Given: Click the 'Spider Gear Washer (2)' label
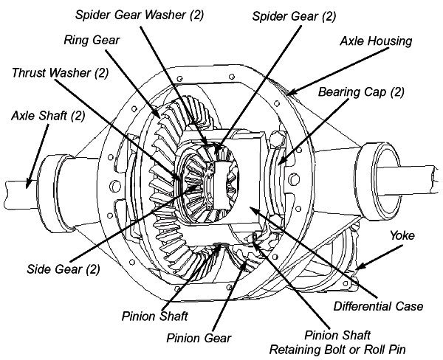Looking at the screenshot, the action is (140, 15).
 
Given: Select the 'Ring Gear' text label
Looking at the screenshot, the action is (92, 40).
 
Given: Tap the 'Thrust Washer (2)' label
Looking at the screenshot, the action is (61, 73).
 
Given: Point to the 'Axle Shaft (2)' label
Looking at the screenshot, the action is (48, 116).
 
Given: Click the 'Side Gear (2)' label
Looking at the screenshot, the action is (63, 269).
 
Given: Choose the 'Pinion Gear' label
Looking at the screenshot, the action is (199, 338).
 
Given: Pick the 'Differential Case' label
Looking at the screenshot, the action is (378, 306).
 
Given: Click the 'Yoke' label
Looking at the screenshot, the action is (402, 235).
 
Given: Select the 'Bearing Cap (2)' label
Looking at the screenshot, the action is (361, 92).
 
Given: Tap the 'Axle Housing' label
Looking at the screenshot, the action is (376, 41).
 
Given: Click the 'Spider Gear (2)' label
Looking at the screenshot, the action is (294, 16).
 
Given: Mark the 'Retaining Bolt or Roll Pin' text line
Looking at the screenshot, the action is (337, 350).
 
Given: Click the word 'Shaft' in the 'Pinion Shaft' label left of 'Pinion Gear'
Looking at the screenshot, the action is (173, 316).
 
